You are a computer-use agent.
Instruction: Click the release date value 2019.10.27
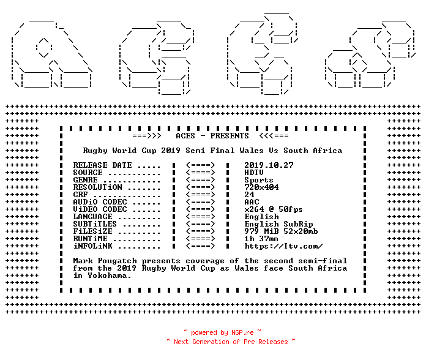(269, 165)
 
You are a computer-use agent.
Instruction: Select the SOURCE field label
(88, 173)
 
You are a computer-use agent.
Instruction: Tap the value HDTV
(254, 173)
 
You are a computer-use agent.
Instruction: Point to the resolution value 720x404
(261, 187)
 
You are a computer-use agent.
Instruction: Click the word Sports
(259, 180)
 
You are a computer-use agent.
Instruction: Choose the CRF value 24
(249, 195)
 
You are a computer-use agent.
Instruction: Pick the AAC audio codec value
(252, 202)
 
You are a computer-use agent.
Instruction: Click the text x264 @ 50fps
(274, 209)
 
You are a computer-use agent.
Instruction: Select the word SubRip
(298, 224)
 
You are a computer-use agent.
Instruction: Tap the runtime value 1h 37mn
(261, 239)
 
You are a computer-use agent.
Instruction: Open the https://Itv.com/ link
(283, 246)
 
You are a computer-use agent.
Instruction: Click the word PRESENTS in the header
(230, 136)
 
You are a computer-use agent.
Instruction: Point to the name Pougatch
(117, 261)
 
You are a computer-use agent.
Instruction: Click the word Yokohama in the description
(109, 276)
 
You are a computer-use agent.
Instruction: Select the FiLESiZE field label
(92, 231)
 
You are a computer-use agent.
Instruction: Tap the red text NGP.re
(242, 332)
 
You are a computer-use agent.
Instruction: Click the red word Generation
(211, 342)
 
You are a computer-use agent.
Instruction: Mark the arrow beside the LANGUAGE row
(201, 217)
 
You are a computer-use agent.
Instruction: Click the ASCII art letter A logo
(51, 54)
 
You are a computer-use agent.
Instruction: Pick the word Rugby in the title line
(95, 151)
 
